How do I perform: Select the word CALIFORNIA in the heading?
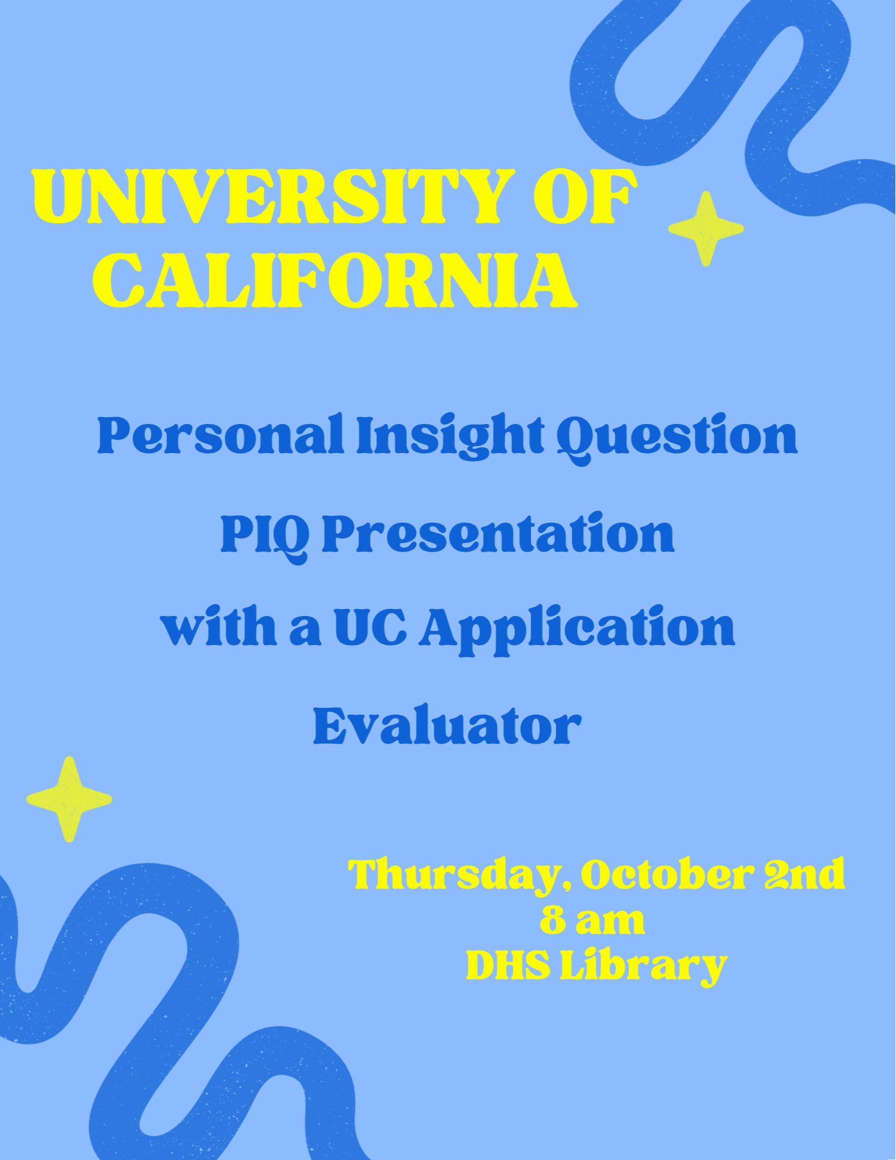coord(335,280)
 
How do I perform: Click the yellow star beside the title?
coord(706,229)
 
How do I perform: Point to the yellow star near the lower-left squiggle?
coord(69,799)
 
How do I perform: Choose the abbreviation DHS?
coord(508,966)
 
